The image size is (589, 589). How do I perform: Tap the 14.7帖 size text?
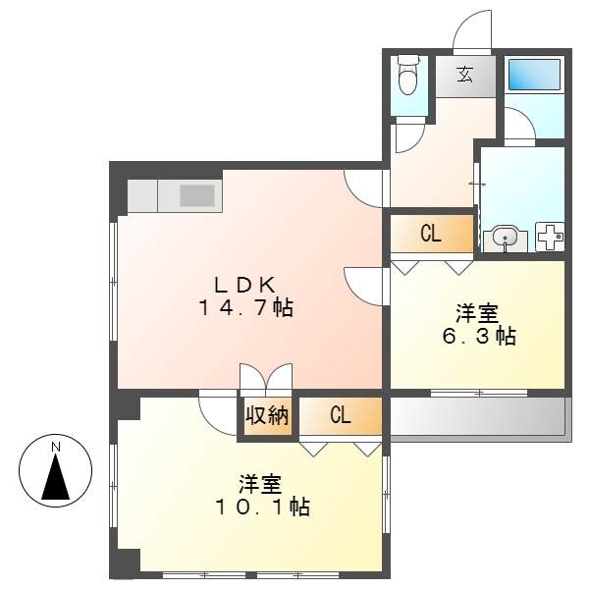pos(244,307)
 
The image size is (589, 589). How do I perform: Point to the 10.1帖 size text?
pos(261,508)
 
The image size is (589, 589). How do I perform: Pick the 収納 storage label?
pos(267,415)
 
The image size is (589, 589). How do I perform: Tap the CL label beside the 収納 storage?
pos(339,415)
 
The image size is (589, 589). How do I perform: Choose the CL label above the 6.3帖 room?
pos(430,234)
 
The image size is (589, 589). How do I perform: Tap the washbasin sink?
pos(506,238)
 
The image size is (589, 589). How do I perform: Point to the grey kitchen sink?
pos(197,195)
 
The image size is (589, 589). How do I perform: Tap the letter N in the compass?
pos(56,448)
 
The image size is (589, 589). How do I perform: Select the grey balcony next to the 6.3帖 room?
pos(477,417)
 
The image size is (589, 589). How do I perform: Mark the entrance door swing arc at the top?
pos(472,29)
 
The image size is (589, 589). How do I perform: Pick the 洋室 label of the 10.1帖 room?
pos(261,484)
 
